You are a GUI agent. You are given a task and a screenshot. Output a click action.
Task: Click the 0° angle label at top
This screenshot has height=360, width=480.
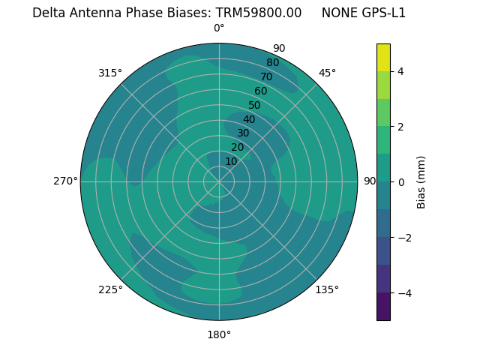tap(219, 28)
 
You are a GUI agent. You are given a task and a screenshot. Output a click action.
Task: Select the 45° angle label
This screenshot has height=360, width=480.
tap(327, 73)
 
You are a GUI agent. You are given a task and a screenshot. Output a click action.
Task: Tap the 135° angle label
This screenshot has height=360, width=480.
tap(327, 289)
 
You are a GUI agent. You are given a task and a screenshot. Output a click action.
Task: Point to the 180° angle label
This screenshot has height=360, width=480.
tap(219, 334)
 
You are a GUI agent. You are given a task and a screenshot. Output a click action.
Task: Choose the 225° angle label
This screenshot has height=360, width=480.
tap(110, 289)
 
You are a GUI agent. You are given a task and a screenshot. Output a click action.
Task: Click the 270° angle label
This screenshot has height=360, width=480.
tap(65, 181)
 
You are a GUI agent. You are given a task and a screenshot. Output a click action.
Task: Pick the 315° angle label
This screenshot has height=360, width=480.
tap(110, 73)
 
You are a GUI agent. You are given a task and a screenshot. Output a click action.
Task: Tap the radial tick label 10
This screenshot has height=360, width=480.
tap(231, 161)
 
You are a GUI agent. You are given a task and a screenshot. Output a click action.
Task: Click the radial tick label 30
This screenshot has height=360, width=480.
tap(243, 133)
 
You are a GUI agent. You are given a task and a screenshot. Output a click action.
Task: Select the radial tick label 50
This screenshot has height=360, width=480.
tap(254, 105)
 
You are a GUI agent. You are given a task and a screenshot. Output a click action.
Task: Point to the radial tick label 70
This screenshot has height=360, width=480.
tap(266, 77)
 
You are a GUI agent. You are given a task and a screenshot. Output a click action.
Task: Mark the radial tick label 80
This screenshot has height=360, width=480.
tap(272, 63)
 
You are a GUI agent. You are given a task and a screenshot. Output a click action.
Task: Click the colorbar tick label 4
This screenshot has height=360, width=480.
tap(401, 71)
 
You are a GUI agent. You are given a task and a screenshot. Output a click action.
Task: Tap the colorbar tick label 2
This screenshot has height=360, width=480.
tap(401, 127)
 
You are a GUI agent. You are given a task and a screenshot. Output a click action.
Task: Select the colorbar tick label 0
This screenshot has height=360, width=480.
tap(401, 182)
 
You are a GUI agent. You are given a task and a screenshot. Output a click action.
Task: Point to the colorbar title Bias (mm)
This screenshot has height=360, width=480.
tap(421, 182)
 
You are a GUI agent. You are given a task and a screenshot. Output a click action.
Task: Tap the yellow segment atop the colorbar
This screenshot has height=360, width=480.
tap(383, 57)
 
